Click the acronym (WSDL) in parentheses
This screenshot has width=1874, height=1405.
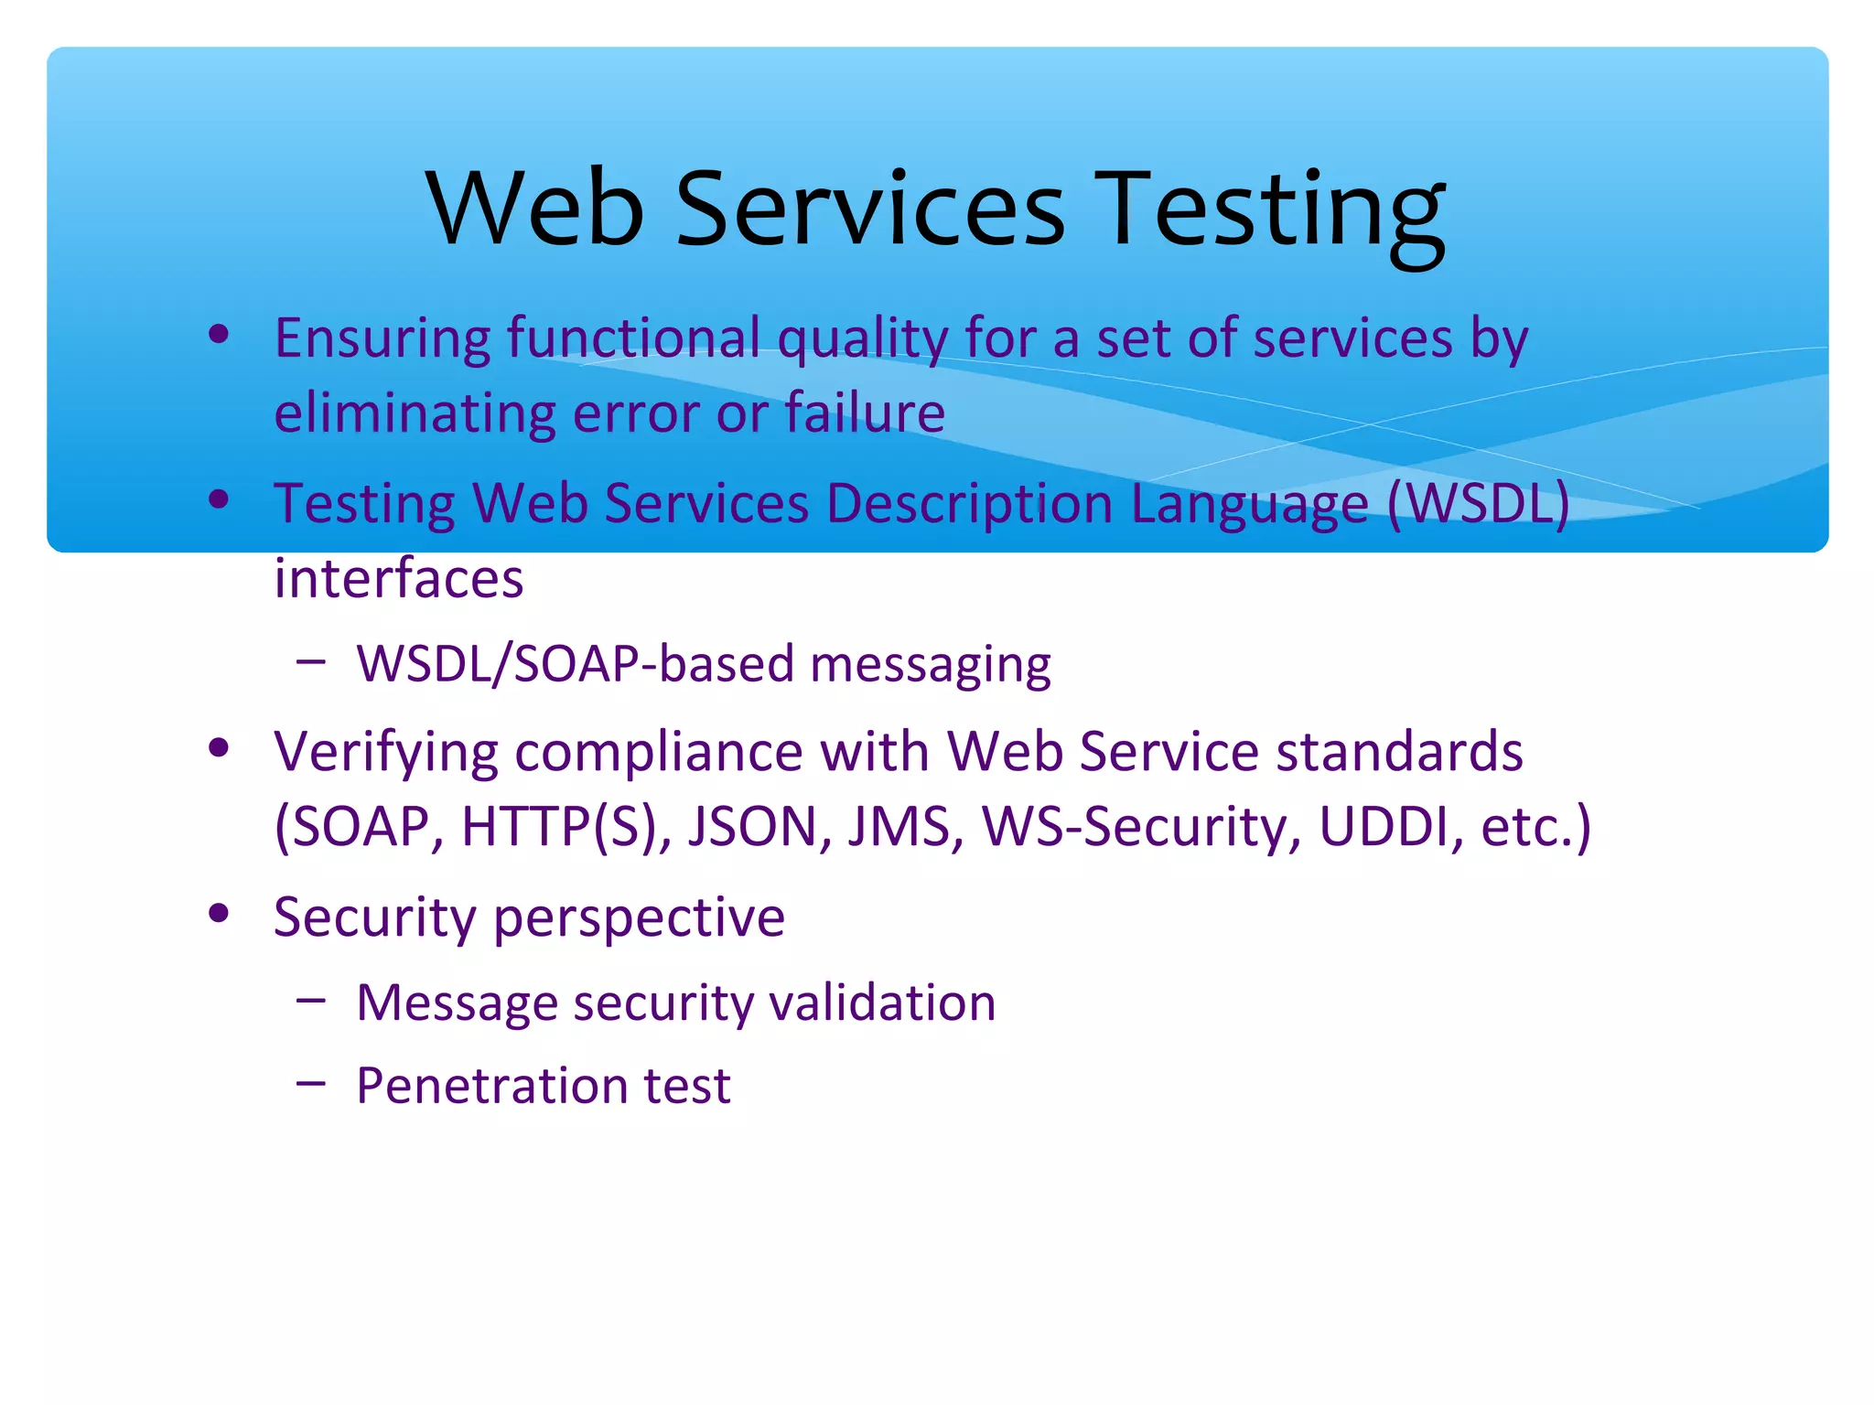click(1478, 504)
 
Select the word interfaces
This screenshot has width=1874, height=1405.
click(399, 579)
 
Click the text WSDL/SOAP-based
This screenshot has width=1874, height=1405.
click(576, 663)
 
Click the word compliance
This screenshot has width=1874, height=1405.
click(659, 754)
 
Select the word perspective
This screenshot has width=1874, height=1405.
click(639, 918)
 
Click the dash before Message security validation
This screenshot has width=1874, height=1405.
click(311, 1001)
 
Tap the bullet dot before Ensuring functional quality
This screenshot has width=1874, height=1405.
click(219, 335)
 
